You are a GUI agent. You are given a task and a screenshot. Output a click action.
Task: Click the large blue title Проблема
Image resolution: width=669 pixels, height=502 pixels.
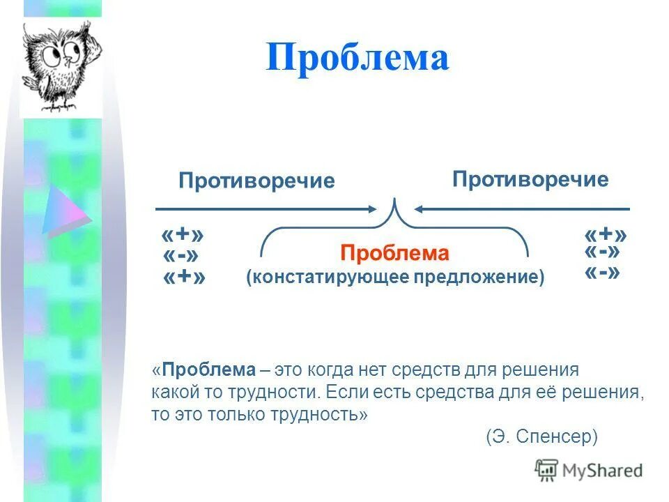click(x=357, y=56)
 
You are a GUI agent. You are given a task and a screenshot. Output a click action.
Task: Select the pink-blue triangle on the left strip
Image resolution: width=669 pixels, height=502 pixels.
click(x=65, y=208)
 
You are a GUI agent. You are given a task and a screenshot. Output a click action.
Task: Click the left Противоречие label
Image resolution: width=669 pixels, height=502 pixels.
click(x=256, y=181)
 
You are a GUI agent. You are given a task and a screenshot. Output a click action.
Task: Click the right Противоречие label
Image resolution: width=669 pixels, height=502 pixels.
click(x=530, y=180)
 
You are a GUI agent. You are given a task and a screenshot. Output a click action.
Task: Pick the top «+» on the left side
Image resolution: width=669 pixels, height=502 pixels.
click(x=185, y=236)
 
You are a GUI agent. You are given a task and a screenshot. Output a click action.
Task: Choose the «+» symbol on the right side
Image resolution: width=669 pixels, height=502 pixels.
click(x=606, y=234)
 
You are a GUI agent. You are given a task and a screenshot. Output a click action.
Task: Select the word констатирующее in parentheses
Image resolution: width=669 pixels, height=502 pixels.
click(x=330, y=277)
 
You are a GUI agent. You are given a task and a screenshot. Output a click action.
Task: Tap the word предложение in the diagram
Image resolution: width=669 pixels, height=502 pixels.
click(x=476, y=277)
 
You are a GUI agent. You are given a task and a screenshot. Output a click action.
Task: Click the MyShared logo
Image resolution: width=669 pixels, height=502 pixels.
click(x=589, y=470)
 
